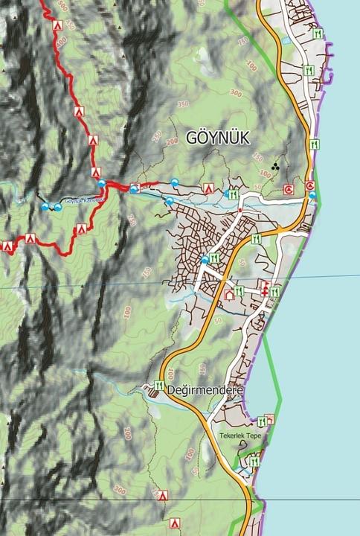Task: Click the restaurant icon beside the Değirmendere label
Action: click(x=158, y=386)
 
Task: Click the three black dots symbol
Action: click(x=276, y=167)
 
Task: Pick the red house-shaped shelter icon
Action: click(x=228, y=295)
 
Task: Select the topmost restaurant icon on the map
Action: click(x=318, y=33)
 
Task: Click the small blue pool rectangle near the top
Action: click(x=285, y=42)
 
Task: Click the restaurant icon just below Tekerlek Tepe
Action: click(x=255, y=462)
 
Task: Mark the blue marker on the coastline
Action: click(x=312, y=196)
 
